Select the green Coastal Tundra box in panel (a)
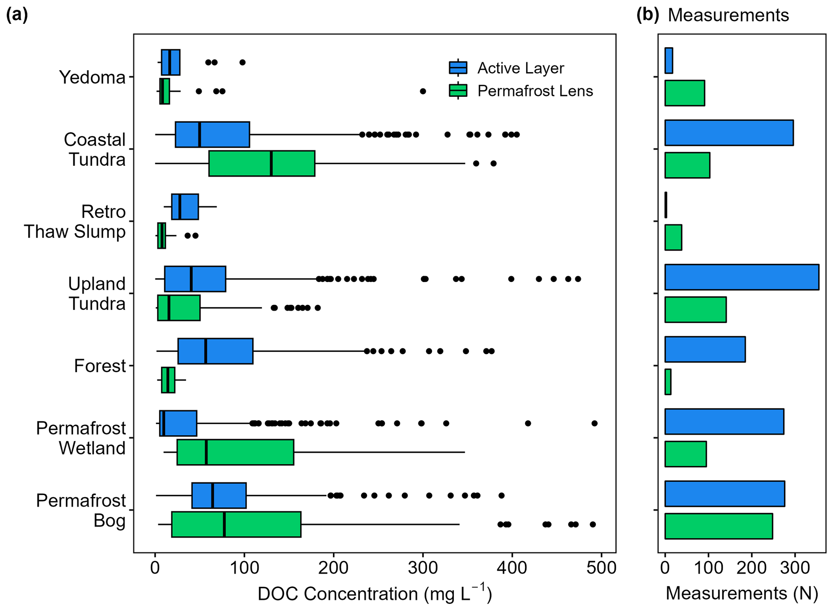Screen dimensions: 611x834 tap(261, 163)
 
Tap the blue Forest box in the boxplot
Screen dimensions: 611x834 tap(215, 351)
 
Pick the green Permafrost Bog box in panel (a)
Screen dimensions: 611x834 tap(236, 524)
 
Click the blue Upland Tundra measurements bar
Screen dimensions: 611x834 tap(742, 277)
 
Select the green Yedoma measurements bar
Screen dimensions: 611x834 tap(684, 93)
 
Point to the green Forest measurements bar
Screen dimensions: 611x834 tap(668, 381)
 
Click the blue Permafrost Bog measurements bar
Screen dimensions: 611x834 tap(725, 494)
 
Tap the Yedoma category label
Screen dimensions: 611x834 tap(92, 77)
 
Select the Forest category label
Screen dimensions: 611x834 tap(100, 366)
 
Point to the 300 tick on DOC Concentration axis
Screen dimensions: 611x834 tap(422, 567)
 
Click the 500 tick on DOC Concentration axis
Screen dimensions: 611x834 tap(601, 567)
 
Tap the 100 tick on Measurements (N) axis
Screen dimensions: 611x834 tap(709, 567)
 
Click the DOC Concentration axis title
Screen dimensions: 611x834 tap(374, 594)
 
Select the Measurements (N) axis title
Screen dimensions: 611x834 tap(742, 593)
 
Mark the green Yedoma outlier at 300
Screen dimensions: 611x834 tap(423, 91)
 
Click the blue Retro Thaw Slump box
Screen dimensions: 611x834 tap(185, 207)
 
